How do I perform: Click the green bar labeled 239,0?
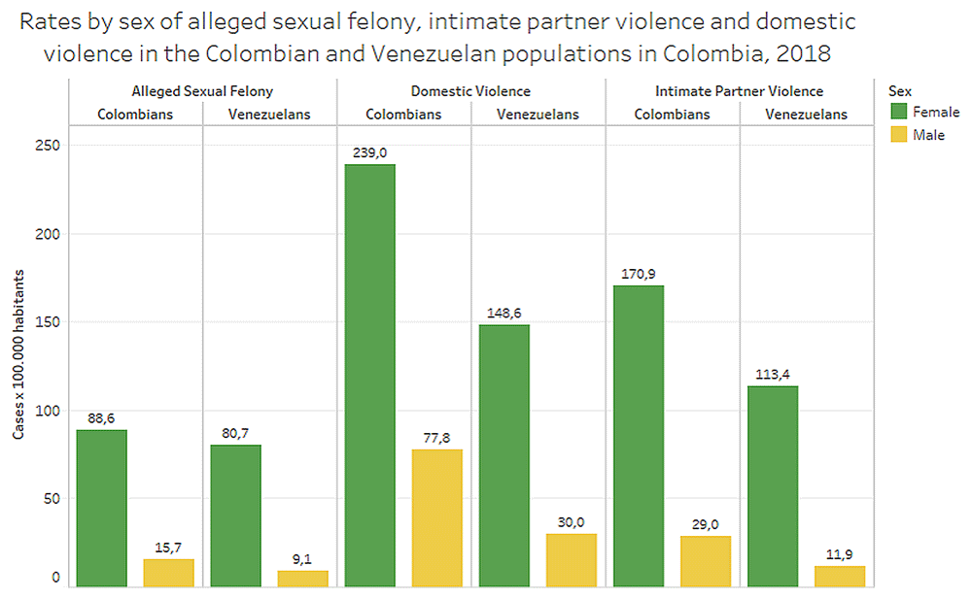[369, 375]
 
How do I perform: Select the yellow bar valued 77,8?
[436, 517]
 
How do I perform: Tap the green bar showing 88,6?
[101, 508]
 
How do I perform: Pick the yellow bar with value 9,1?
[302, 579]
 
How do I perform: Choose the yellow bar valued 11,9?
[840, 577]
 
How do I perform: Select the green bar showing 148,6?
[504, 455]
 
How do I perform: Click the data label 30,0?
[571, 522]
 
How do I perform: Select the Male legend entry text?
[928, 135]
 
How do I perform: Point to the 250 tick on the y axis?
[50, 146]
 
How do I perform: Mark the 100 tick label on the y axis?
[50, 411]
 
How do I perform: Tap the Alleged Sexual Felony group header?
[202, 91]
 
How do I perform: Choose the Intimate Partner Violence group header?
[739, 91]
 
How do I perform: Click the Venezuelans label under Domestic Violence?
[538, 115]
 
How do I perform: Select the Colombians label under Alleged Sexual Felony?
[135, 115]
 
